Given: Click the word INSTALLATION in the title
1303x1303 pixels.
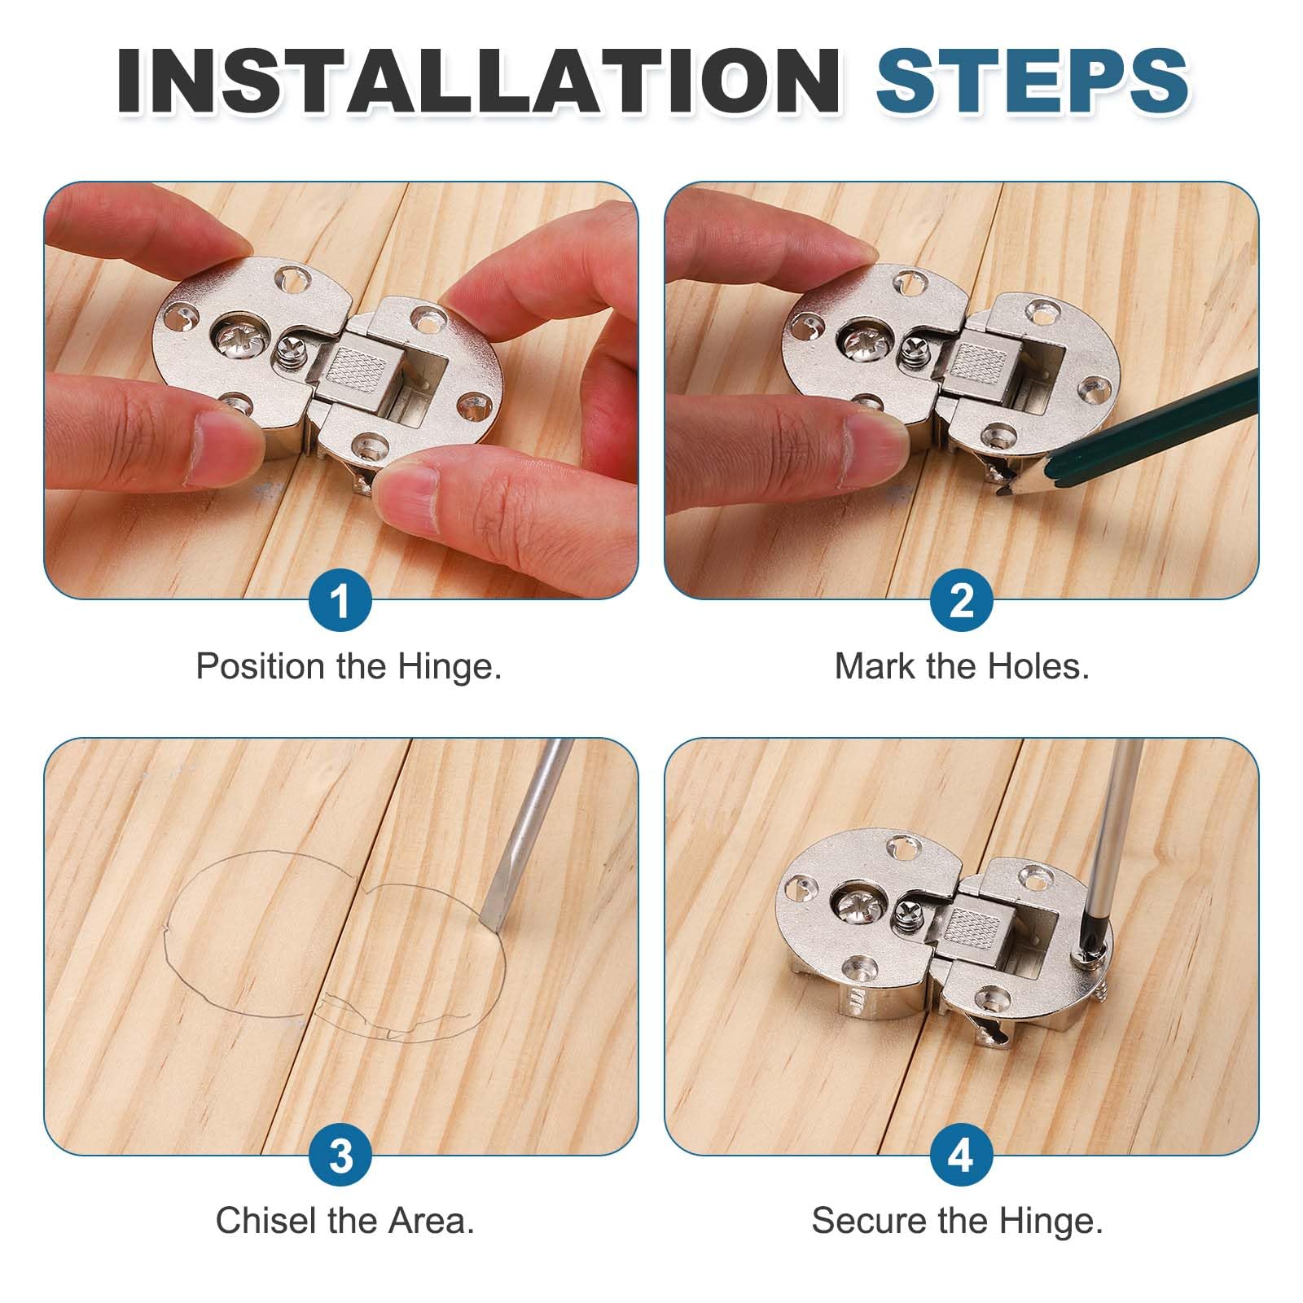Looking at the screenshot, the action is [x=479, y=80].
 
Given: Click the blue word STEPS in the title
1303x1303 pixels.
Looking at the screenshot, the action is [x=1032, y=80].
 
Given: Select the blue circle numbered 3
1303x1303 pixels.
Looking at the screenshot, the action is [x=340, y=1156].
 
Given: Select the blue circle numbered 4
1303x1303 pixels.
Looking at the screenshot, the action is [x=962, y=1156].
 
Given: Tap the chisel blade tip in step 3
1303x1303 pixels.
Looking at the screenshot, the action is [x=485, y=920].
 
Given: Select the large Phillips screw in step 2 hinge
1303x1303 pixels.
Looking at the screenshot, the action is [x=864, y=340].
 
